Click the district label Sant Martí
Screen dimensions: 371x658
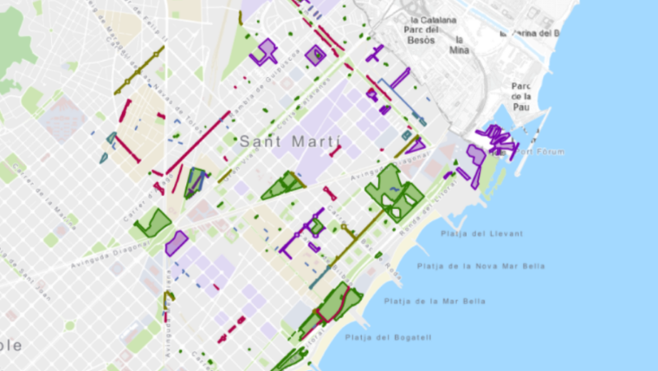click(x=290, y=140)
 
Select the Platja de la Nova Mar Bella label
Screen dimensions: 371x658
click(x=481, y=266)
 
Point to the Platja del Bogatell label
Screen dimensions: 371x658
click(x=388, y=337)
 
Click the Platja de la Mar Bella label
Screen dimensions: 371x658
click(x=435, y=301)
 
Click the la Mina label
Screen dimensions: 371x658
click(x=459, y=45)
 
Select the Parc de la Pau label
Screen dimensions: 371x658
click(x=521, y=96)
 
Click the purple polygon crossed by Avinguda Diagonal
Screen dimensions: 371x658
click(x=177, y=243)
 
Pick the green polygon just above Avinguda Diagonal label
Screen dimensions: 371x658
click(x=152, y=222)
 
